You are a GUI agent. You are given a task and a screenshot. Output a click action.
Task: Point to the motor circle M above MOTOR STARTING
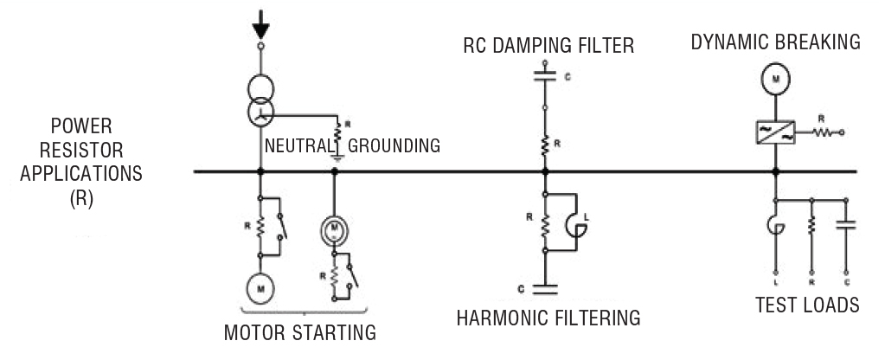(x=260, y=284)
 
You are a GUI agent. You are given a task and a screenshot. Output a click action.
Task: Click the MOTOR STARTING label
(x=300, y=331)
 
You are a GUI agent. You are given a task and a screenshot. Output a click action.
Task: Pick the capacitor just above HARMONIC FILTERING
(x=545, y=283)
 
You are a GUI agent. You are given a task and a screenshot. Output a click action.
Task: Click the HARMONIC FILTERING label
(x=548, y=318)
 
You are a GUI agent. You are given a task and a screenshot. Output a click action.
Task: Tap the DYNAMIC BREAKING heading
(x=775, y=42)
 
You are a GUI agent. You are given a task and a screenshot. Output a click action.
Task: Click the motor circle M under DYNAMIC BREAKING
(x=776, y=80)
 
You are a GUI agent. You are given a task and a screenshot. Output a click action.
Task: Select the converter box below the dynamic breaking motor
(x=775, y=132)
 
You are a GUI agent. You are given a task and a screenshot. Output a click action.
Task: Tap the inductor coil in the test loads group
(x=776, y=227)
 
